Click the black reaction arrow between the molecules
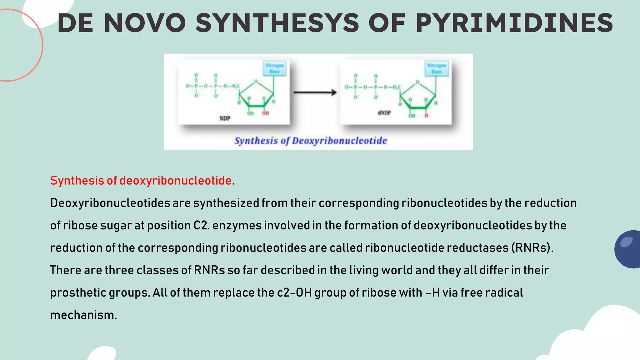315,92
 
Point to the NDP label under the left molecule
225,118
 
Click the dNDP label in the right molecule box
384,112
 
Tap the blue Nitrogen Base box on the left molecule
274,68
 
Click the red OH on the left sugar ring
265,113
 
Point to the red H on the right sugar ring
426,116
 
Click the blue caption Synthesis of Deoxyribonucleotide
311,141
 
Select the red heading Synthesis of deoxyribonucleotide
141,181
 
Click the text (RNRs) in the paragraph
532,248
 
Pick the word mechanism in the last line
83,315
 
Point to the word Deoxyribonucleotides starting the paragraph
110,203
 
